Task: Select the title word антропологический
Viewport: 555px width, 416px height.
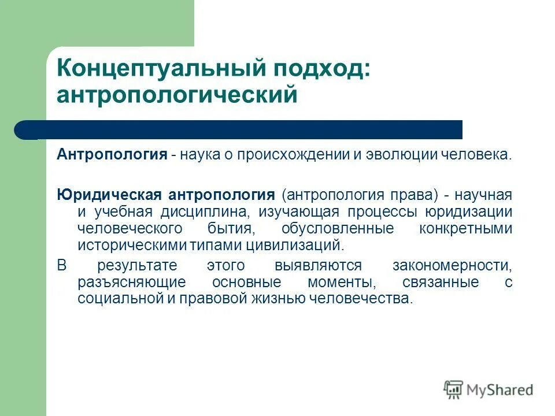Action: click(176, 95)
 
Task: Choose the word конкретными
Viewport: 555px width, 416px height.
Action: click(466, 228)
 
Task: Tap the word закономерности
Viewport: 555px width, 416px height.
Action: click(452, 266)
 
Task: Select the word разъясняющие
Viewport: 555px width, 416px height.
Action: click(131, 283)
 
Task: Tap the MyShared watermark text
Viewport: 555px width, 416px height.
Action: click(500, 390)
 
